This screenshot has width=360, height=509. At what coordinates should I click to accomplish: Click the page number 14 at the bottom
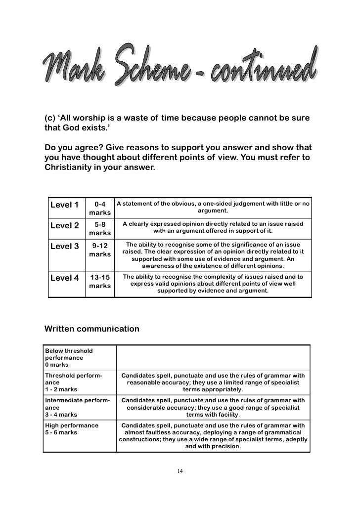180,470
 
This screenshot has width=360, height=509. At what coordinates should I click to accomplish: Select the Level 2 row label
64,226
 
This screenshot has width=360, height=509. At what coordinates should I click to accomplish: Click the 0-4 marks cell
100,208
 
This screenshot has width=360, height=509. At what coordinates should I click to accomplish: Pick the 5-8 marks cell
100,228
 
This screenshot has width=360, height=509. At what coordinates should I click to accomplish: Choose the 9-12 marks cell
100,250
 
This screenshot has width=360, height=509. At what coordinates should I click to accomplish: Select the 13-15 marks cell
100,281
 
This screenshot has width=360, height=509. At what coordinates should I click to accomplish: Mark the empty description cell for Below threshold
213,358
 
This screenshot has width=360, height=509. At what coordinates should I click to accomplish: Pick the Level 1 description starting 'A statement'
213,207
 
